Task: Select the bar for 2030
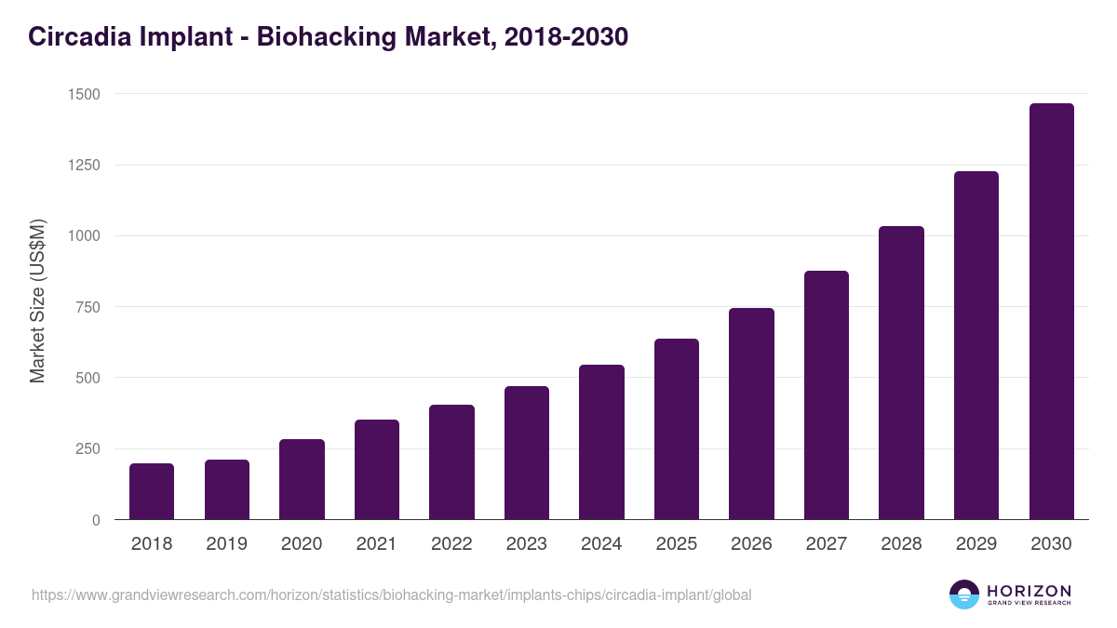pyautogui.click(x=1051, y=312)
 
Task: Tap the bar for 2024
pyautogui.click(x=601, y=442)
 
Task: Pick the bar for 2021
pyautogui.click(x=377, y=470)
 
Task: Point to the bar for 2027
pyautogui.click(x=827, y=395)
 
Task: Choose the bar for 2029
pyautogui.click(x=976, y=345)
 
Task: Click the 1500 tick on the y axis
pyautogui.click(x=84, y=94)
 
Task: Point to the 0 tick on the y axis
pyautogui.click(x=96, y=520)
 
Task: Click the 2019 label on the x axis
pyautogui.click(x=226, y=544)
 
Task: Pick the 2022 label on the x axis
pyautogui.click(x=451, y=544)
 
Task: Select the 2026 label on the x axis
pyautogui.click(x=751, y=544)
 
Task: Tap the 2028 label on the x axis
pyautogui.click(x=901, y=544)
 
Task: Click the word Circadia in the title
pyautogui.click(x=81, y=37)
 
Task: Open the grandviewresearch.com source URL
pyautogui.click(x=391, y=595)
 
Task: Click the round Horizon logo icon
pyautogui.click(x=964, y=595)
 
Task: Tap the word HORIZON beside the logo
pyautogui.click(x=1030, y=591)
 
